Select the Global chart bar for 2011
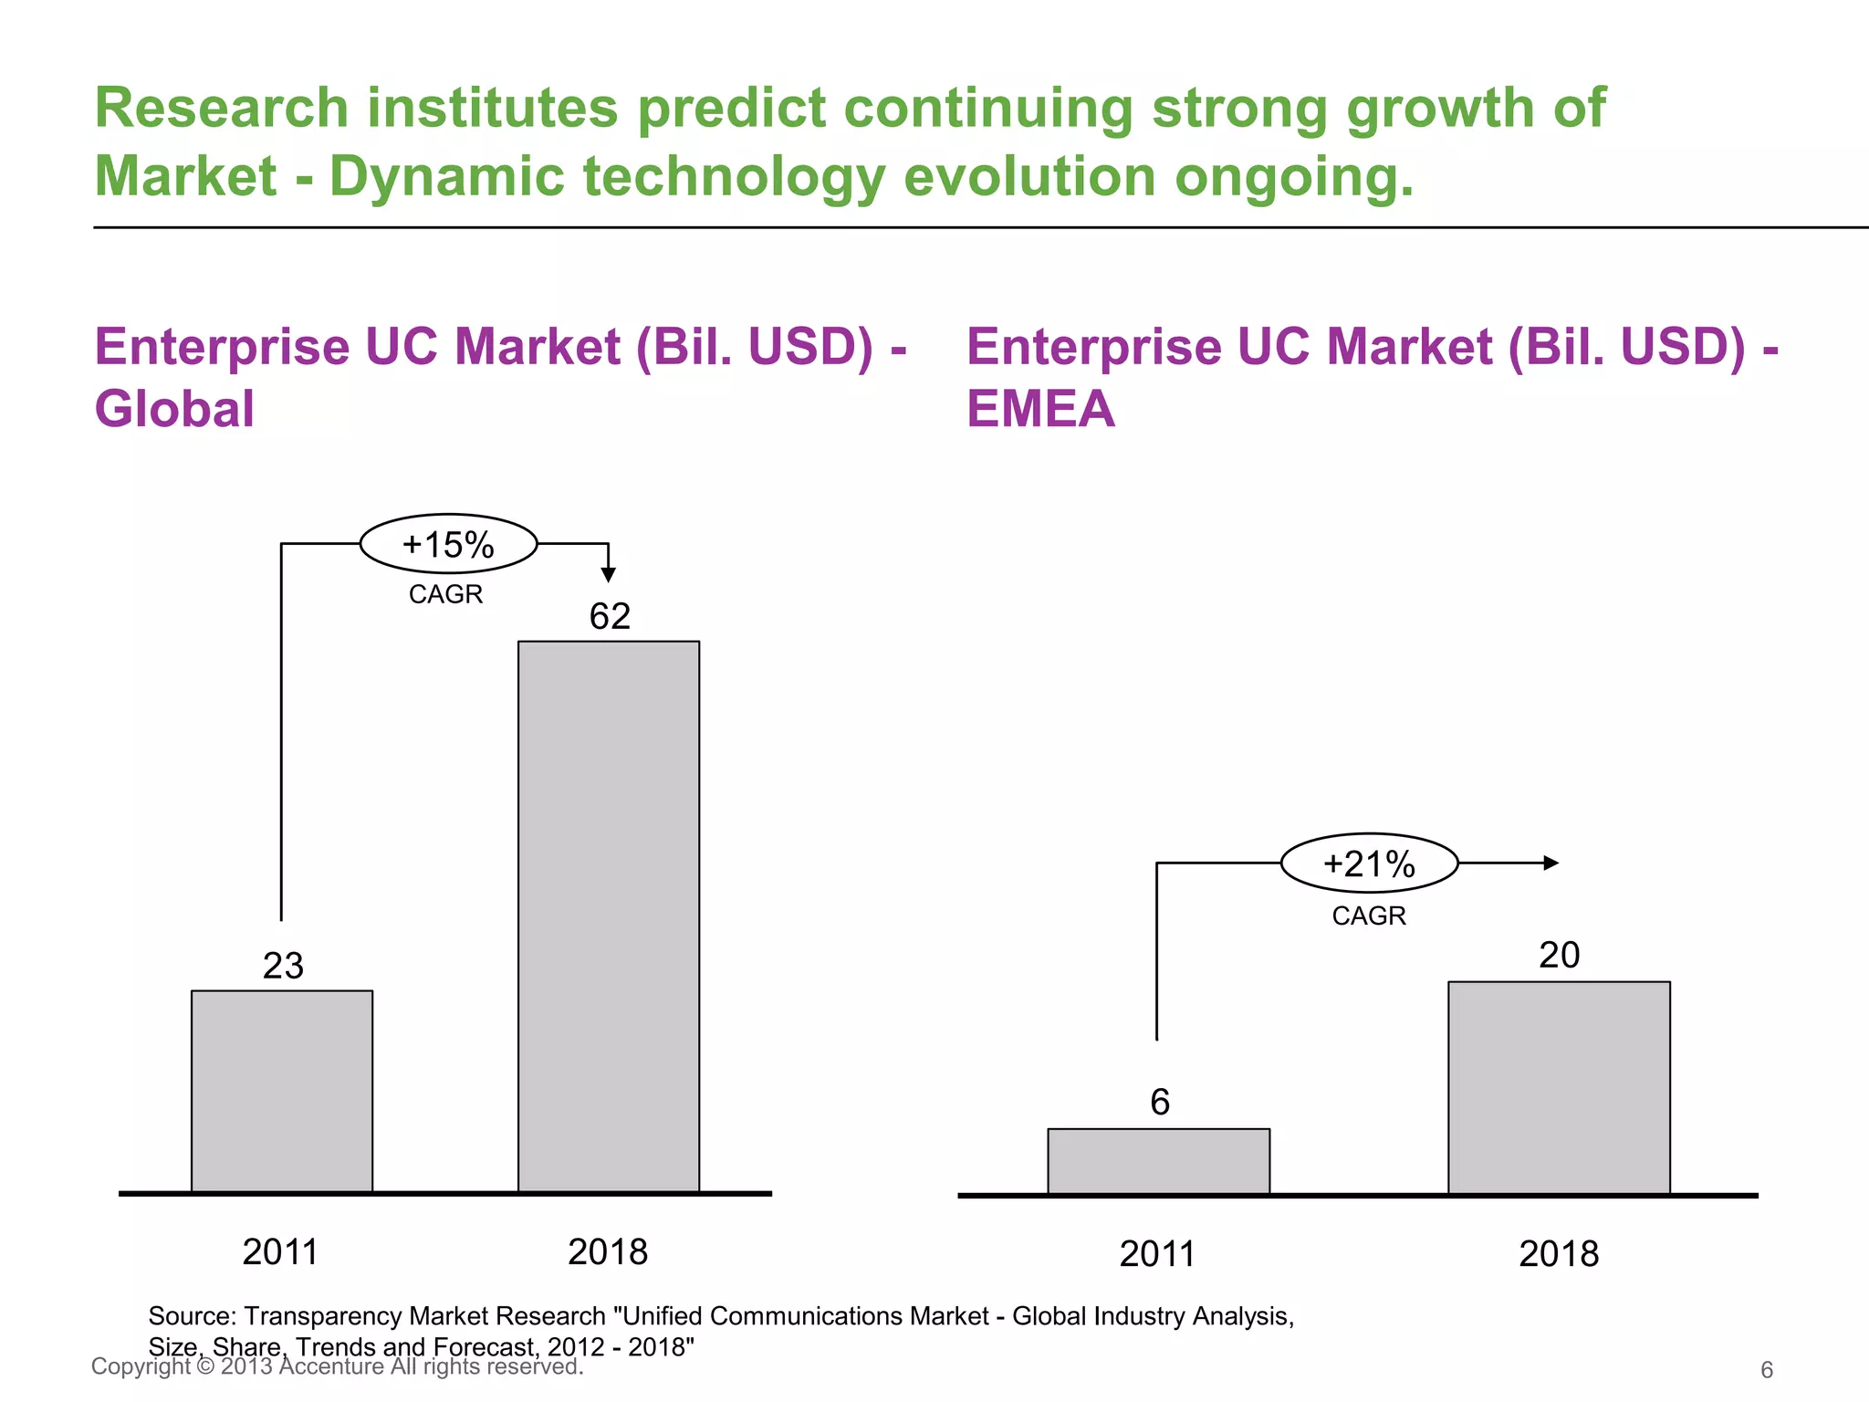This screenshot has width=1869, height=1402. coord(282,1091)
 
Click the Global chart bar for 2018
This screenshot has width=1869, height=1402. coord(609,916)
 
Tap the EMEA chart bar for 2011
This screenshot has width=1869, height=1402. coord(1158,1161)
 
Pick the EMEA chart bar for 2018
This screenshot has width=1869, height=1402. coord(1559,1087)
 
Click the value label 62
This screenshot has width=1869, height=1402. coord(610,616)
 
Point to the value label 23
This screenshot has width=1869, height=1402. coord(283,966)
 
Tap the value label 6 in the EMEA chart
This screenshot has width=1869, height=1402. coord(1159,1103)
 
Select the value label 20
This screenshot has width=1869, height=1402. coord(1559,956)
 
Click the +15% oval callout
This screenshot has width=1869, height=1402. coord(448,544)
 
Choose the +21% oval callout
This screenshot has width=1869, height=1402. coord(1369,863)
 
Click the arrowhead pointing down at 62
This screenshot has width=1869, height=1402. coord(609,574)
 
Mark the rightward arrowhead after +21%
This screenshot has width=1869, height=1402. coord(1551,863)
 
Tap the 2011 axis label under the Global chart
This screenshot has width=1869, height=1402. coord(280,1251)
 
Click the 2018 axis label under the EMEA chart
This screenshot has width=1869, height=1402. coord(1559,1254)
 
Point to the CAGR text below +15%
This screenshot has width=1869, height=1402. coord(445,594)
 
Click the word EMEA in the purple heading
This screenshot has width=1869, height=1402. coord(1040,408)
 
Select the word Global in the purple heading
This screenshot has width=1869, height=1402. coord(174,408)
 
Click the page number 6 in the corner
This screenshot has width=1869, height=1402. coord(1767,1369)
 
